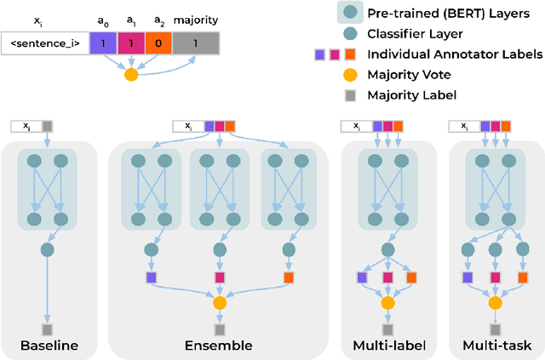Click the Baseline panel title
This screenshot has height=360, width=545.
[48, 346]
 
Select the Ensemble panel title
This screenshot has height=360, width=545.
[219, 346]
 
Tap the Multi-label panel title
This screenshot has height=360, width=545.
[388, 346]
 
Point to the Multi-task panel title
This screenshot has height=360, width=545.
[496, 346]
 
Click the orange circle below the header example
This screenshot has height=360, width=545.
[131, 75]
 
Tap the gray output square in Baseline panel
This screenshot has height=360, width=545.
[48, 329]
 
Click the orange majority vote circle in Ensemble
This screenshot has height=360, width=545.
[219, 302]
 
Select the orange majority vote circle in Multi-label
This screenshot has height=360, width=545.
[388, 302]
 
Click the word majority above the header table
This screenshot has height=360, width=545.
[195, 18]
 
